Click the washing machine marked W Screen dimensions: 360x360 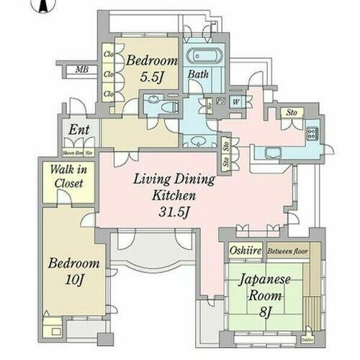tap(235, 101)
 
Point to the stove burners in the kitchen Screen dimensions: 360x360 tap(313, 134)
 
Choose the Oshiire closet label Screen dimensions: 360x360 tap(246, 251)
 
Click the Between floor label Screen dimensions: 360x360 tap(287, 251)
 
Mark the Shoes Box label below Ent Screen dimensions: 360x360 tap(72, 153)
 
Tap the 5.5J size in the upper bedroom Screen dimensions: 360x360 tap(151, 77)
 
